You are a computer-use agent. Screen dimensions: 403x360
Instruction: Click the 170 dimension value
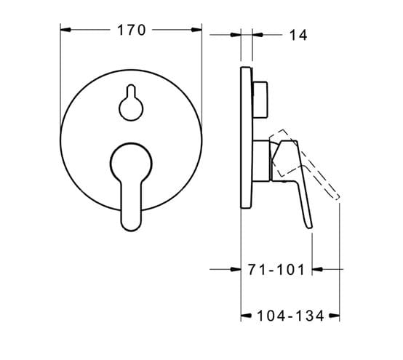click(132, 30)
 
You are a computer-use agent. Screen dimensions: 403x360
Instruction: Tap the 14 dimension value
click(298, 35)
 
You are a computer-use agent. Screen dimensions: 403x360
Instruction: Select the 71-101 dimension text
click(276, 270)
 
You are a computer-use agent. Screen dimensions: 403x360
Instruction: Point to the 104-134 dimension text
click(290, 316)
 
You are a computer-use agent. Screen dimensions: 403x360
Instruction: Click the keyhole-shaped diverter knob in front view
click(131, 103)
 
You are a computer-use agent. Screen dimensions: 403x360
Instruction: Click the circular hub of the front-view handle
click(131, 163)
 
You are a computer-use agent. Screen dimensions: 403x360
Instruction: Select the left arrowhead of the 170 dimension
click(65, 30)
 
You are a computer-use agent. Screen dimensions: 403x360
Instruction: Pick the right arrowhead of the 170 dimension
click(196, 30)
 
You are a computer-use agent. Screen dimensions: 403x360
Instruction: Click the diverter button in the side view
click(260, 100)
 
